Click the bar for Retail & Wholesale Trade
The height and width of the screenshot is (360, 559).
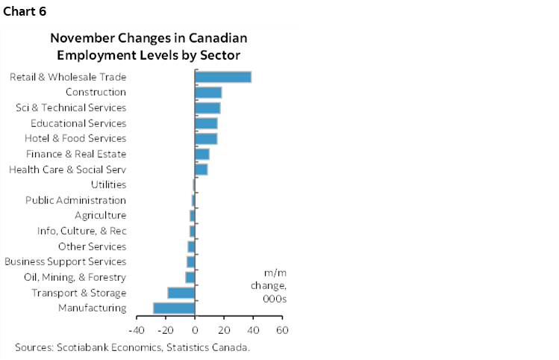tap(222, 76)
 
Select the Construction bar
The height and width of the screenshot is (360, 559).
tap(208, 92)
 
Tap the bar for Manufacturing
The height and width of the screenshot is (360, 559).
tap(174, 308)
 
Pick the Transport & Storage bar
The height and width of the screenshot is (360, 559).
tap(181, 293)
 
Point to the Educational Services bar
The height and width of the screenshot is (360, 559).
tap(206, 123)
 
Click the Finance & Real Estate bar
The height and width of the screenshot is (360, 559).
tap(202, 154)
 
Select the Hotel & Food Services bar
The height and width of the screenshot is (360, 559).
tap(206, 138)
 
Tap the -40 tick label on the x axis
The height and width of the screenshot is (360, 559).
tap(137, 330)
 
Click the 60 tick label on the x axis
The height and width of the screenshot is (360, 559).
tap(281, 330)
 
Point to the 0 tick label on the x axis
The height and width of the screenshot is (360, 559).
tap(195, 330)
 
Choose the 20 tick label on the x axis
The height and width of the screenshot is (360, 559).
tap(223, 330)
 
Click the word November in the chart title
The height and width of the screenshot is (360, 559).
tap(81, 38)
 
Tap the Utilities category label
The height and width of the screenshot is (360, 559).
tap(108, 184)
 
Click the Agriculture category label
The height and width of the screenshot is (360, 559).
tap(100, 215)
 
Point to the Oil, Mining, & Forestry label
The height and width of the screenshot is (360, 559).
tap(75, 277)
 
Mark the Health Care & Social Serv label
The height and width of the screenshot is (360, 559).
tap(67, 170)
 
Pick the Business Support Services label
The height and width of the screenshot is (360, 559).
tap(66, 261)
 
